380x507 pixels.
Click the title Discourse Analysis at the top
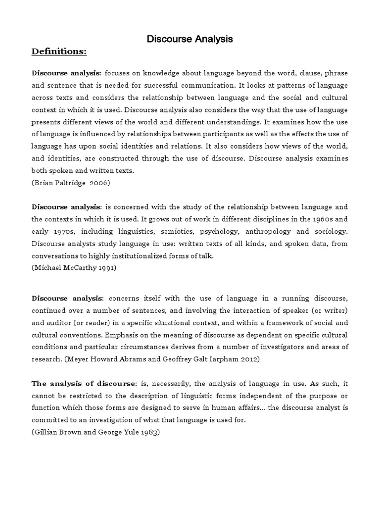tap(190, 39)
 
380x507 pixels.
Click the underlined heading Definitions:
tap(59, 51)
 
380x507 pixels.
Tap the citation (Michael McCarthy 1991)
tap(74, 268)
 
